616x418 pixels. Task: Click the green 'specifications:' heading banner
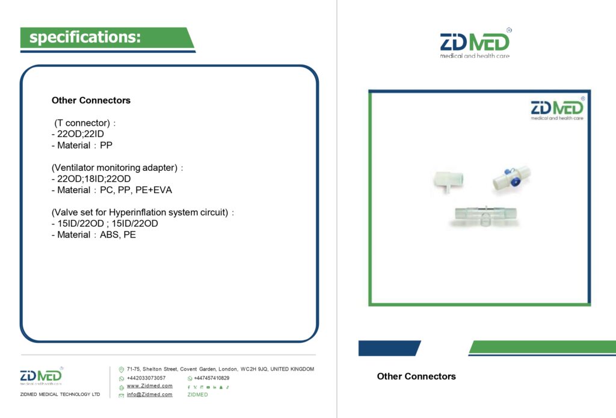coord(107,38)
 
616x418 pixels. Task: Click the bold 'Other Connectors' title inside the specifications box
coord(91,100)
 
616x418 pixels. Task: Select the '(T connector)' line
coord(85,123)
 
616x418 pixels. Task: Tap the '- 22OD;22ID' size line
coord(78,134)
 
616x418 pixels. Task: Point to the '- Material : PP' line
coord(82,146)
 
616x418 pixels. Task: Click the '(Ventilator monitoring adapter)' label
coord(117,168)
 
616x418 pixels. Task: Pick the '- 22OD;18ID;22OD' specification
coord(91,179)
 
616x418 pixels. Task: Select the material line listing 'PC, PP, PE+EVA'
coord(112,190)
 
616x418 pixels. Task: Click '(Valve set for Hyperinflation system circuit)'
coord(143,212)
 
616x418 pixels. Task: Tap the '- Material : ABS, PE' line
coord(94,235)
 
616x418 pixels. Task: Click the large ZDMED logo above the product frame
coord(475,43)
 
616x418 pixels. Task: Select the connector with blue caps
coord(511,179)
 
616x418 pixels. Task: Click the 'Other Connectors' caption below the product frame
coord(416,377)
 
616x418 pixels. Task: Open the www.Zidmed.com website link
coord(150,386)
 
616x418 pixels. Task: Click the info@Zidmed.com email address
coord(150,395)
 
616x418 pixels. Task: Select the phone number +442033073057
coord(146,378)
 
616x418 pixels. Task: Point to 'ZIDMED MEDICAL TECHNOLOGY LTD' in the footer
coord(60,395)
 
